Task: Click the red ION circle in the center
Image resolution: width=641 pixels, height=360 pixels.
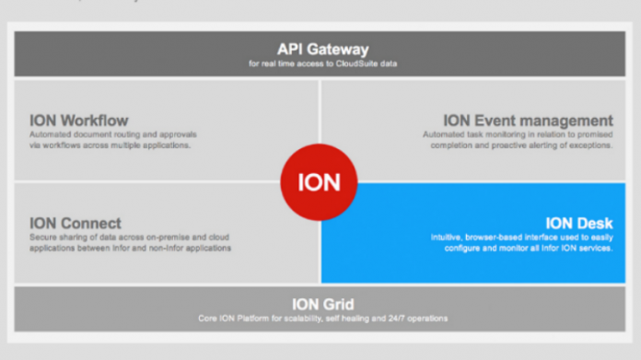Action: [x=320, y=181]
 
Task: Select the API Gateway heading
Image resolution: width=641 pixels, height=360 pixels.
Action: [x=322, y=49]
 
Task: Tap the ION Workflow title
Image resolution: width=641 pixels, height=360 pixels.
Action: [x=78, y=121]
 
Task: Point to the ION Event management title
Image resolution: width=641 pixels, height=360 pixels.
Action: [x=528, y=121]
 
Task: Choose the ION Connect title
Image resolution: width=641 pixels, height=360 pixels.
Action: [x=76, y=224]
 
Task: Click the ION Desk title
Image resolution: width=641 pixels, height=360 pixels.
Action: [x=578, y=223]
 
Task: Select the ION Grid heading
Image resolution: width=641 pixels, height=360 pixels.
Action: [x=322, y=304]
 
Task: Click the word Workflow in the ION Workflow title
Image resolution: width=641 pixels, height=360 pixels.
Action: [x=94, y=121]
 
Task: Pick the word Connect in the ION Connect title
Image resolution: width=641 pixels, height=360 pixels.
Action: [x=91, y=224]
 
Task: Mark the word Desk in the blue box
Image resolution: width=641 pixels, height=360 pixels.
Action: [x=594, y=223]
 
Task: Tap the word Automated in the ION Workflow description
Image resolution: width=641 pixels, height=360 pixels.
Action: [x=51, y=134]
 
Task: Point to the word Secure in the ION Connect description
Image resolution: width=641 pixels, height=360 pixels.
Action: [x=43, y=238]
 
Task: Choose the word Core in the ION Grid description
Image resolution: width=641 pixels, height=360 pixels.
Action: [x=208, y=319]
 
